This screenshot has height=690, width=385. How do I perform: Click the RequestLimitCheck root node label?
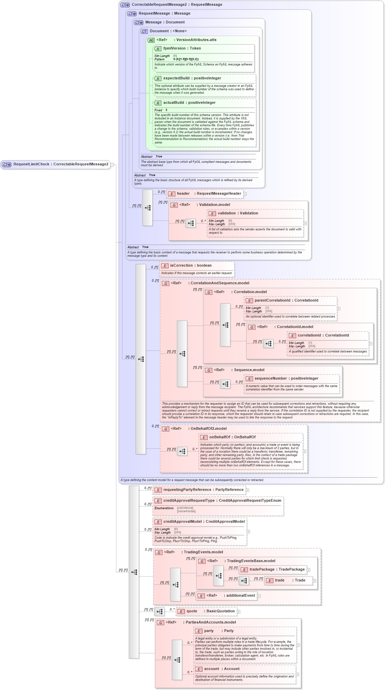[x=60, y=164]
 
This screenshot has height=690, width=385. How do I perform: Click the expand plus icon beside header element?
[x=245, y=194]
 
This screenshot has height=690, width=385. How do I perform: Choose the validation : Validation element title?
[x=237, y=213]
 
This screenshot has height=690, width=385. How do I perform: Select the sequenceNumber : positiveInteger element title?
[x=286, y=379]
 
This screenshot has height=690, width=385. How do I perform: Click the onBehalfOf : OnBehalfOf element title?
[x=232, y=437]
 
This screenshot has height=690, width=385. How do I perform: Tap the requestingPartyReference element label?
[x=203, y=490]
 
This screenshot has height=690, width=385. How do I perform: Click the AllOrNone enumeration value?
[x=185, y=508]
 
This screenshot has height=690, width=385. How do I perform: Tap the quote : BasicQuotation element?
[x=210, y=611]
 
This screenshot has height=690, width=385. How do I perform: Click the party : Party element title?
[x=218, y=631]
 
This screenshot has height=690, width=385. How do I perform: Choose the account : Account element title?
[x=222, y=669]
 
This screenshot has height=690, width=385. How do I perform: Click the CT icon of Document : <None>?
[x=144, y=31]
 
